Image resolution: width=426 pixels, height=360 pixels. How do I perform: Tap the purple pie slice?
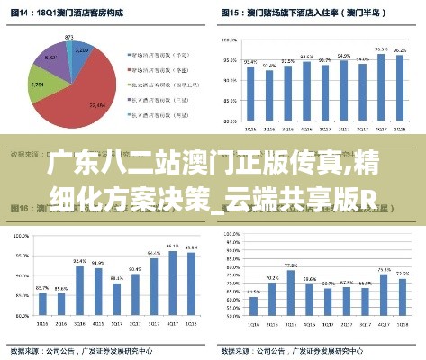point(50,59)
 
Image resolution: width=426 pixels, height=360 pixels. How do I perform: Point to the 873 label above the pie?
point(69,37)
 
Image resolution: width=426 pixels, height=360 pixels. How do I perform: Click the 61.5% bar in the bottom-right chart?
point(253,316)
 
